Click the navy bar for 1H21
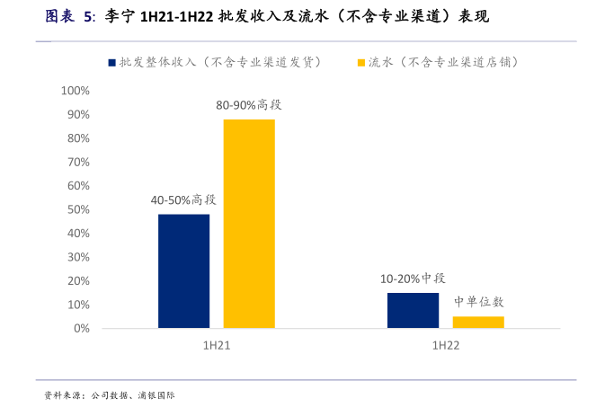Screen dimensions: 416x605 (x=183, y=270)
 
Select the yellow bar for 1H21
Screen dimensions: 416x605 (x=249, y=224)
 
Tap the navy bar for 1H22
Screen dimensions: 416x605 (x=413, y=310)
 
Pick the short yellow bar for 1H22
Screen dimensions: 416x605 (x=478, y=322)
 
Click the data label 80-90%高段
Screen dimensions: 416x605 (x=248, y=105)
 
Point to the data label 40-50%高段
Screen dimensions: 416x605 (x=183, y=199)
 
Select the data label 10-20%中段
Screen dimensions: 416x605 (x=413, y=279)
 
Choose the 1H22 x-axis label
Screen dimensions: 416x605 (x=446, y=346)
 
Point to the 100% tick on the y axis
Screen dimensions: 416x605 (x=75, y=92)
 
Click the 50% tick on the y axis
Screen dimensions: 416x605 (x=77, y=209)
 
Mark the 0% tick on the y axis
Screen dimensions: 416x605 (x=81, y=328)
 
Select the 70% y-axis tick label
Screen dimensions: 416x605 (x=77, y=163)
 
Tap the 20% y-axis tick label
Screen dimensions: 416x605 (x=77, y=280)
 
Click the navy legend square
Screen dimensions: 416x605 (x=111, y=63)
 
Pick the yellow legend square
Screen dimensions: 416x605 (x=361, y=63)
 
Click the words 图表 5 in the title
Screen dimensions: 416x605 (x=69, y=17)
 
